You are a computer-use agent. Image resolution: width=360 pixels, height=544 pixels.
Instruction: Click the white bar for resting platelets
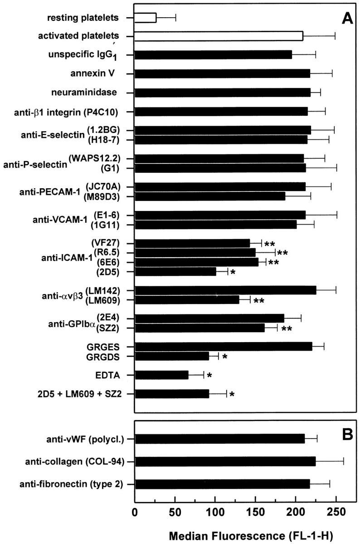[146, 18]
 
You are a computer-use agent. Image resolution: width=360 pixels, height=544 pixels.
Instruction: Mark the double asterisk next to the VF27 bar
[270, 244]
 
